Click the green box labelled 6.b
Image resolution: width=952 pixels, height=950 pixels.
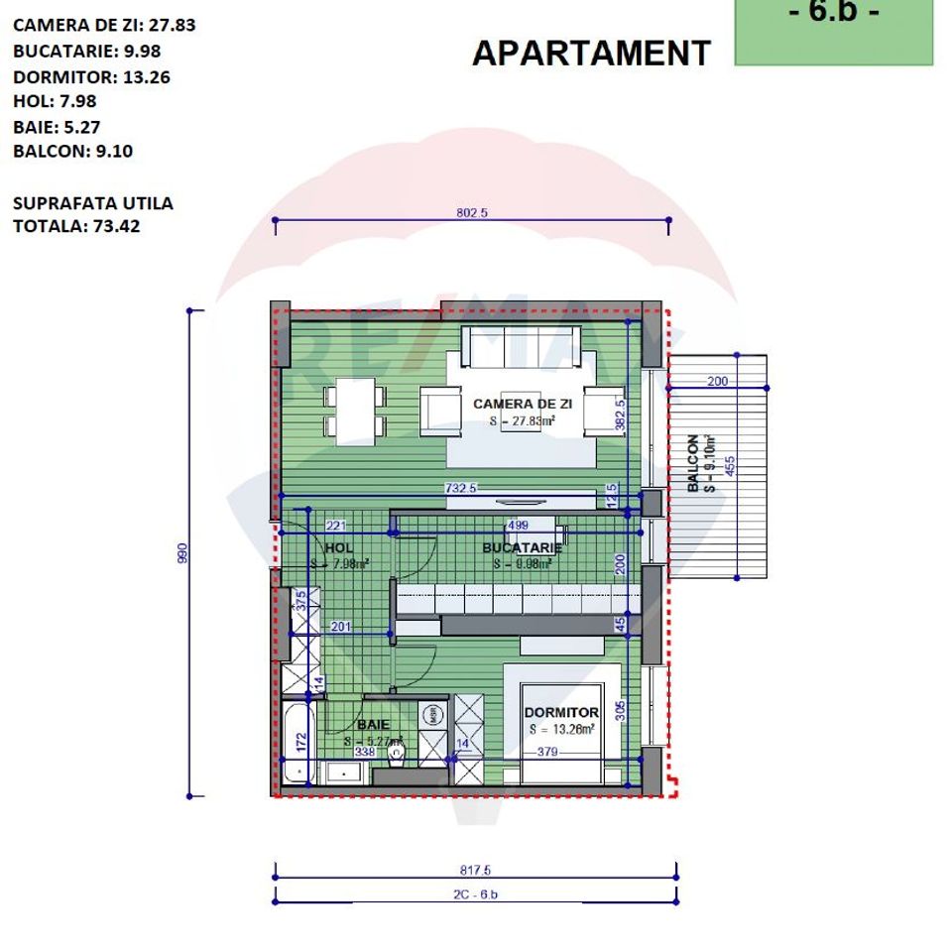(833, 30)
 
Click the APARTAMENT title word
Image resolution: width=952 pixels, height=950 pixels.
(591, 53)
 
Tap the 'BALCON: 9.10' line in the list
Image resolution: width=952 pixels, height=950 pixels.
(72, 152)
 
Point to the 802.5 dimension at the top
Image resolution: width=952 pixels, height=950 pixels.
(473, 212)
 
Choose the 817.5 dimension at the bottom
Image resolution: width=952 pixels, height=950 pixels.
(475, 870)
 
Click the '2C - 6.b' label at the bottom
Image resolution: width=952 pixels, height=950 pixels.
(475, 894)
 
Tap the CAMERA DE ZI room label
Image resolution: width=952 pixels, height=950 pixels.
(522, 404)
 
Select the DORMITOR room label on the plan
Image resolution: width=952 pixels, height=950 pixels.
(561, 712)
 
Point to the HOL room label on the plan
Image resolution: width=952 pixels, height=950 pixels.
(338, 547)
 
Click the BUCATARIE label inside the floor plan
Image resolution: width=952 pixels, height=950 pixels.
(522, 547)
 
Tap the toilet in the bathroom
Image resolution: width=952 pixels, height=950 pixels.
(398, 755)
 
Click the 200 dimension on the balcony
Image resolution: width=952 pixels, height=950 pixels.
(718, 381)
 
